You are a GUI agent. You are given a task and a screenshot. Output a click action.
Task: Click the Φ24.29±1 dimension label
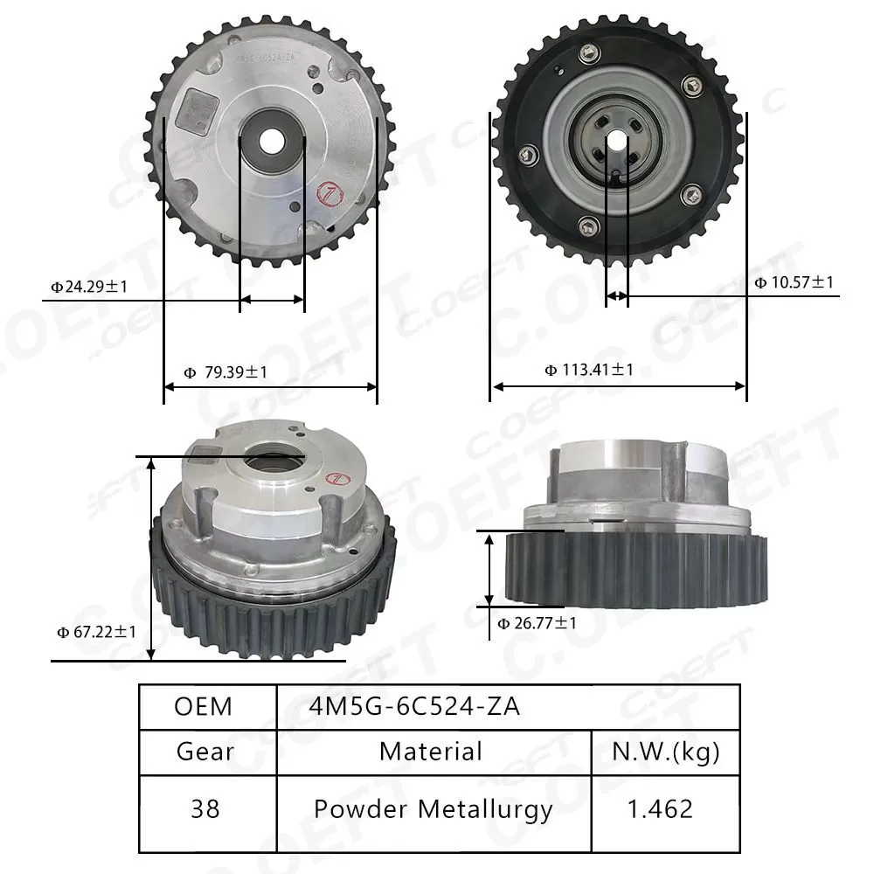89,286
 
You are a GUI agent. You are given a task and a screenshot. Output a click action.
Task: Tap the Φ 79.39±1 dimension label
225,372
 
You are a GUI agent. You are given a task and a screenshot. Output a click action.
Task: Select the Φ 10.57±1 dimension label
794,282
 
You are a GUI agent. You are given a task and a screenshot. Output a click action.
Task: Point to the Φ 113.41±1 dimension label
589,370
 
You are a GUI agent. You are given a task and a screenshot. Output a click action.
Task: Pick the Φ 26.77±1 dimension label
537,623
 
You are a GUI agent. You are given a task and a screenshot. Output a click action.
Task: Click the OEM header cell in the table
204,706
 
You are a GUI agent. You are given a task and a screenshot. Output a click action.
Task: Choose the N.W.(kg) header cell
664,752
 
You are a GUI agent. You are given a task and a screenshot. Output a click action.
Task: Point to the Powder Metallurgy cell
433,809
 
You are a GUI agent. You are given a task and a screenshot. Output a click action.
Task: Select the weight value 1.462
661,809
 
